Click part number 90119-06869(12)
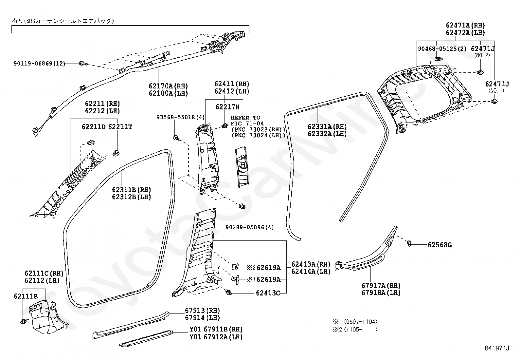coord(39,63)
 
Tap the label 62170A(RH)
coord(169,86)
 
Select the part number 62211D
coord(94,127)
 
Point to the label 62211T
coord(120,127)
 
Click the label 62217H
coord(227,107)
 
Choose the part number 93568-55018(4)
coord(181,117)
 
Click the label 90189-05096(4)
coord(250,227)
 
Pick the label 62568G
coord(440,245)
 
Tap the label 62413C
coord(268,293)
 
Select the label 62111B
coord(26,296)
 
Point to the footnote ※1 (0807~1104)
coord(355,322)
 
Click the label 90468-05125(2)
coord(442,49)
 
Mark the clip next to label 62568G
coord(409,244)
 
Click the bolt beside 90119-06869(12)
coord(83,63)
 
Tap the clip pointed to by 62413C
coord(229,292)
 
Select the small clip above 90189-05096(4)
coord(242,206)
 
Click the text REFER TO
coord(245,118)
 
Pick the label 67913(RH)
coord(202,311)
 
